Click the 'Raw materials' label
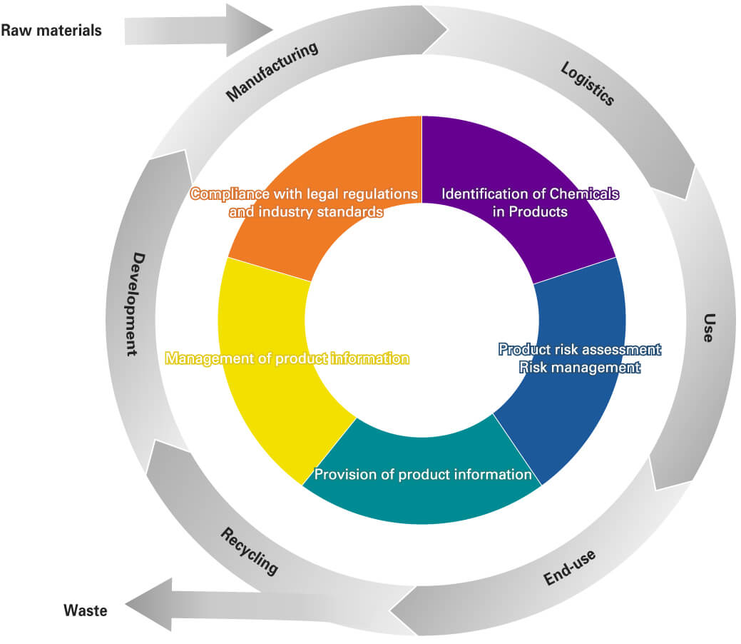51,31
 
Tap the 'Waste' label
85,610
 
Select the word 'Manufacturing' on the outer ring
271,72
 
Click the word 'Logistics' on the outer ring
587,84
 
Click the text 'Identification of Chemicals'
529,193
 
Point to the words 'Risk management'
579,368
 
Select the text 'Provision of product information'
423,475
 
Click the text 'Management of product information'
287,358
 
